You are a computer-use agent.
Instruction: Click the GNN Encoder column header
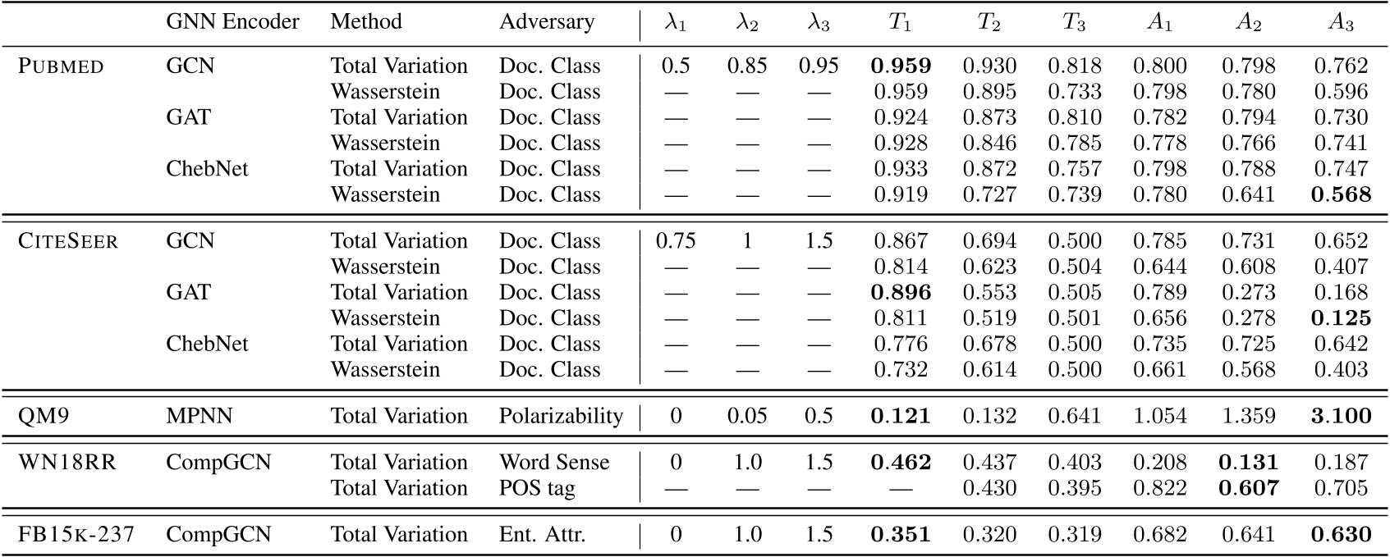tap(232, 22)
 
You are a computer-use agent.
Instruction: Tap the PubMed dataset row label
tap(61, 66)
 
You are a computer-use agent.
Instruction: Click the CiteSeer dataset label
tap(68, 241)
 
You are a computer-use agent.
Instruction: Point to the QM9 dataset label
tap(44, 416)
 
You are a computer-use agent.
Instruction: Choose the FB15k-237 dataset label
tap(76, 535)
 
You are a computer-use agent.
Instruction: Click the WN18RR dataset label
tap(67, 463)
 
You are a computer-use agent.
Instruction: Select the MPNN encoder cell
tap(199, 416)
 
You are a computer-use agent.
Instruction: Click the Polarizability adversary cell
tap(561, 416)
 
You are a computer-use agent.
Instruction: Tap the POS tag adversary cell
tap(537, 488)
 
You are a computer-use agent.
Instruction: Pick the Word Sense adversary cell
tap(554, 463)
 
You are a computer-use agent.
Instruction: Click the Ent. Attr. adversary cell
tap(543, 535)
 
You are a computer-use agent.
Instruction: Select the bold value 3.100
tap(1341, 416)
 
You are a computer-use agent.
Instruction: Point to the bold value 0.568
tap(1341, 195)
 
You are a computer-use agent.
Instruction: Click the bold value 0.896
tap(901, 293)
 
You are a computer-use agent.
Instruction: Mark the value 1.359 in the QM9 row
tap(1248, 416)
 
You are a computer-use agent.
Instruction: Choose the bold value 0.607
tap(1248, 488)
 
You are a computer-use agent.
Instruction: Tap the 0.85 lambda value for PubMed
tap(746, 66)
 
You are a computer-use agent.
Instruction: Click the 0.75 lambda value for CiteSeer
tap(675, 241)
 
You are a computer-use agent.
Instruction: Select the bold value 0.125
tap(1341, 318)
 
